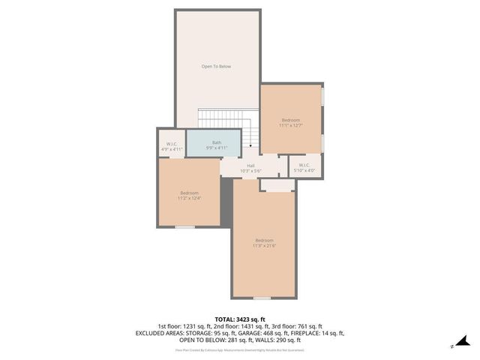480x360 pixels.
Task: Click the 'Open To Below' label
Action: pos(216,67)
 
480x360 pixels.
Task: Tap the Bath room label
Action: pos(217,142)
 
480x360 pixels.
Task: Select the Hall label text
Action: pos(250,165)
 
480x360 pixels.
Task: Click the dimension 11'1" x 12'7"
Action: pos(290,125)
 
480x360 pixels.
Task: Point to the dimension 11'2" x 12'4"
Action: pos(189,198)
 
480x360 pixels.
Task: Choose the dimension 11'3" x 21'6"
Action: pos(264,245)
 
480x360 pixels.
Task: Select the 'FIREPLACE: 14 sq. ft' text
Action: pos(315,332)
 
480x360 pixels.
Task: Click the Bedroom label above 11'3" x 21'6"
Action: pos(264,240)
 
